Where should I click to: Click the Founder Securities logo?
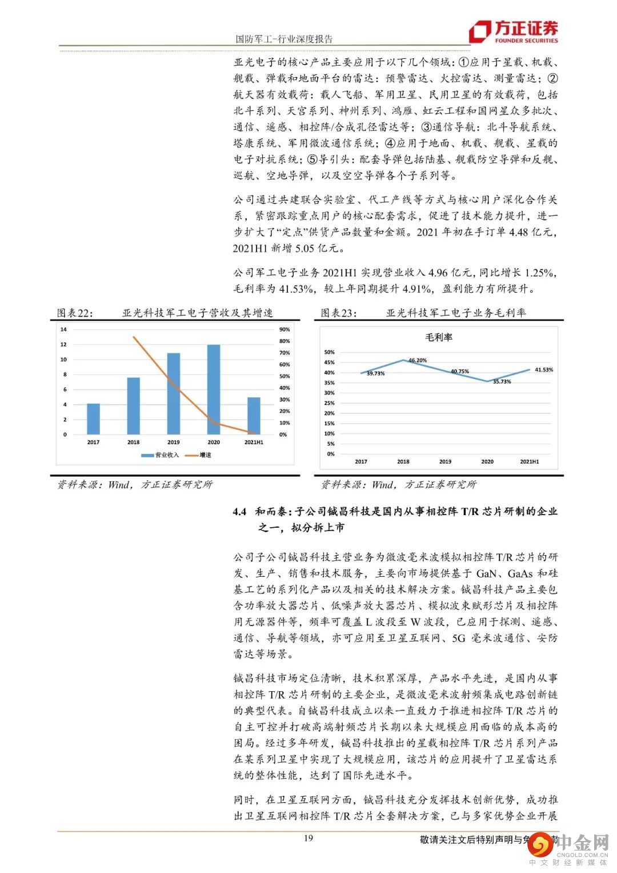click(x=513, y=32)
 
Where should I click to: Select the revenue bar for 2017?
click(x=93, y=418)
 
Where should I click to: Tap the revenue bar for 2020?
click(x=213, y=389)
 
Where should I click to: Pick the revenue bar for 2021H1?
click(x=254, y=416)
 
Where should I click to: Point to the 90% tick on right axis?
click(x=284, y=329)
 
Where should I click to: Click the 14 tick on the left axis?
click(x=63, y=329)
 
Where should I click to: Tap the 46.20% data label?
click(x=417, y=360)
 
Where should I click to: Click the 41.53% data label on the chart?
click(x=543, y=370)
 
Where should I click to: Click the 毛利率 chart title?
click(x=438, y=337)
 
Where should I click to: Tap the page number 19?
click(x=308, y=839)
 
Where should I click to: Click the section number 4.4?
click(x=239, y=512)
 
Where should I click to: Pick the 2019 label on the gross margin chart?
click(x=445, y=461)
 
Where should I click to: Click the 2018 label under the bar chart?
click(x=133, y=442)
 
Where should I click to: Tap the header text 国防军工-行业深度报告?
click(x=284, y=39)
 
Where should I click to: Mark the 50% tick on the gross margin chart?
click(x=329, y=352)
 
